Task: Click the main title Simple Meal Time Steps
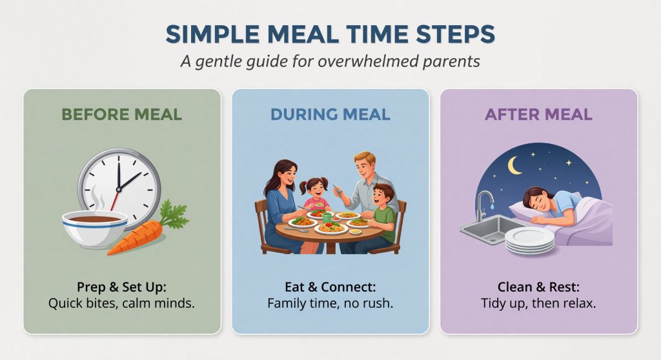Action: tap(330, 35)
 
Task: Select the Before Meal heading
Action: tap(122, 115)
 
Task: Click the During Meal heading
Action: tap(330, 115)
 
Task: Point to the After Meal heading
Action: tap(538, 115)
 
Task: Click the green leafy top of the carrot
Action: tap(172, 215)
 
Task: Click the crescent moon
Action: tap(515, 166)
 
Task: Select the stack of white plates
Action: tap(529, 240)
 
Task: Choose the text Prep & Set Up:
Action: tap(121, 286)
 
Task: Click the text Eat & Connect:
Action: tap(330, 286)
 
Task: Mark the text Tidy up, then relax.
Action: tap(538, 302)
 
